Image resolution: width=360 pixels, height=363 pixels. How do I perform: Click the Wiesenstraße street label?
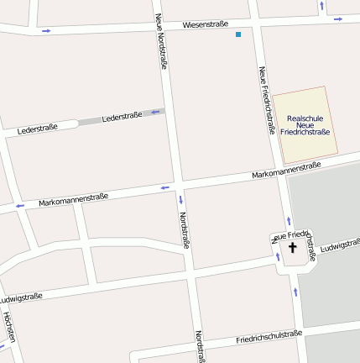pyautogui.click(x=205, y=24)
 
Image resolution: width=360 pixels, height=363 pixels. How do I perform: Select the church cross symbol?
pyautogui.click(x=293, y=247)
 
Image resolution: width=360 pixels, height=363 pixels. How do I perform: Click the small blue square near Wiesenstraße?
pyautogui.click(x=238, y=34)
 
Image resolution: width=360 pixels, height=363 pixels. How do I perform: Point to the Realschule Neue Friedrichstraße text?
pyautogui.click(x=305, y=125)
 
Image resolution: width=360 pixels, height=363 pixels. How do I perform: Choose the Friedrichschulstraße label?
pyautogui.click(x=269, y=337)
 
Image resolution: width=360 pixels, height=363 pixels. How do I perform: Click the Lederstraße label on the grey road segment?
pyautogui.click(x=122, y=117)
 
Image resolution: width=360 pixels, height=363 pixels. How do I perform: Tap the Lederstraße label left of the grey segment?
pyautogui.click(x=37, y=128)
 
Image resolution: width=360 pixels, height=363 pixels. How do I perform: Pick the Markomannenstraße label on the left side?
pyautogui.click(x=73, y=200)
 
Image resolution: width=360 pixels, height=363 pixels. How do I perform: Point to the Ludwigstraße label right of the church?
pyautogui.click(x=339, y=245)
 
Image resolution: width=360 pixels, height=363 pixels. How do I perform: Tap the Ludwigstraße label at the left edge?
pyautogui.click(x=20, y=297)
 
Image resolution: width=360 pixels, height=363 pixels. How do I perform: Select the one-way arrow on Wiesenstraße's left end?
pyautogui.click(x=45, y=31)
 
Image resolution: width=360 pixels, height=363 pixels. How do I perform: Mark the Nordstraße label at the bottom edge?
pyautogui.click(x=200, y=345)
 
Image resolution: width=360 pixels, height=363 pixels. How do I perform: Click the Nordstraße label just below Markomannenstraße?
pyautogui.click(x=183, y=230)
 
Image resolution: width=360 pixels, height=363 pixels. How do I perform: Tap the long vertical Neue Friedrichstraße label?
pyautogui.click(x=267, y=100)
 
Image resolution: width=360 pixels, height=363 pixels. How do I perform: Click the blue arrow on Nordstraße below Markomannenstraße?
pyautogui.click(x=180, y=200)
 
